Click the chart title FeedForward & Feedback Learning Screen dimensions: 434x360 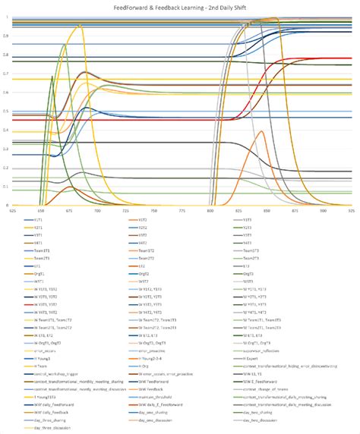click(x=181, y=6)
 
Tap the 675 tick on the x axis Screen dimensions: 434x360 click(x=69, y=210)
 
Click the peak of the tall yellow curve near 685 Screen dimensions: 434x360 click(x=79, y=25)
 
